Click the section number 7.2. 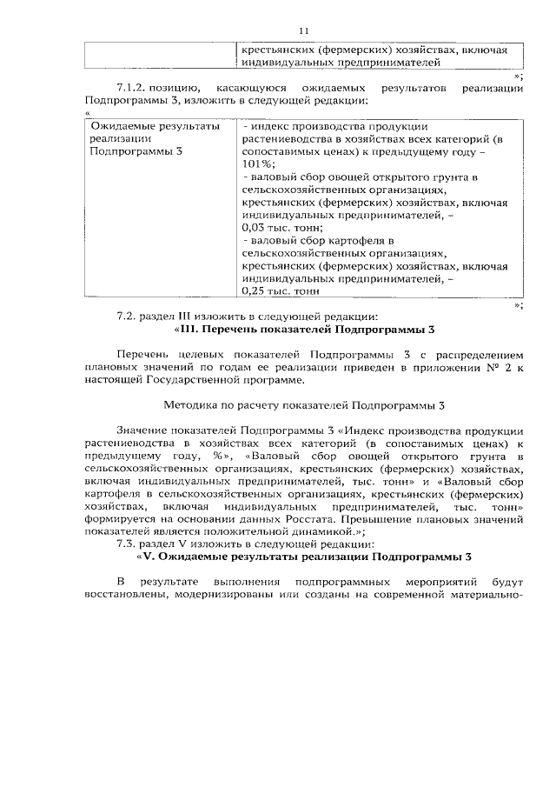tap(127, 317)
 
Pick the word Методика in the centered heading tap(189, 404)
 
